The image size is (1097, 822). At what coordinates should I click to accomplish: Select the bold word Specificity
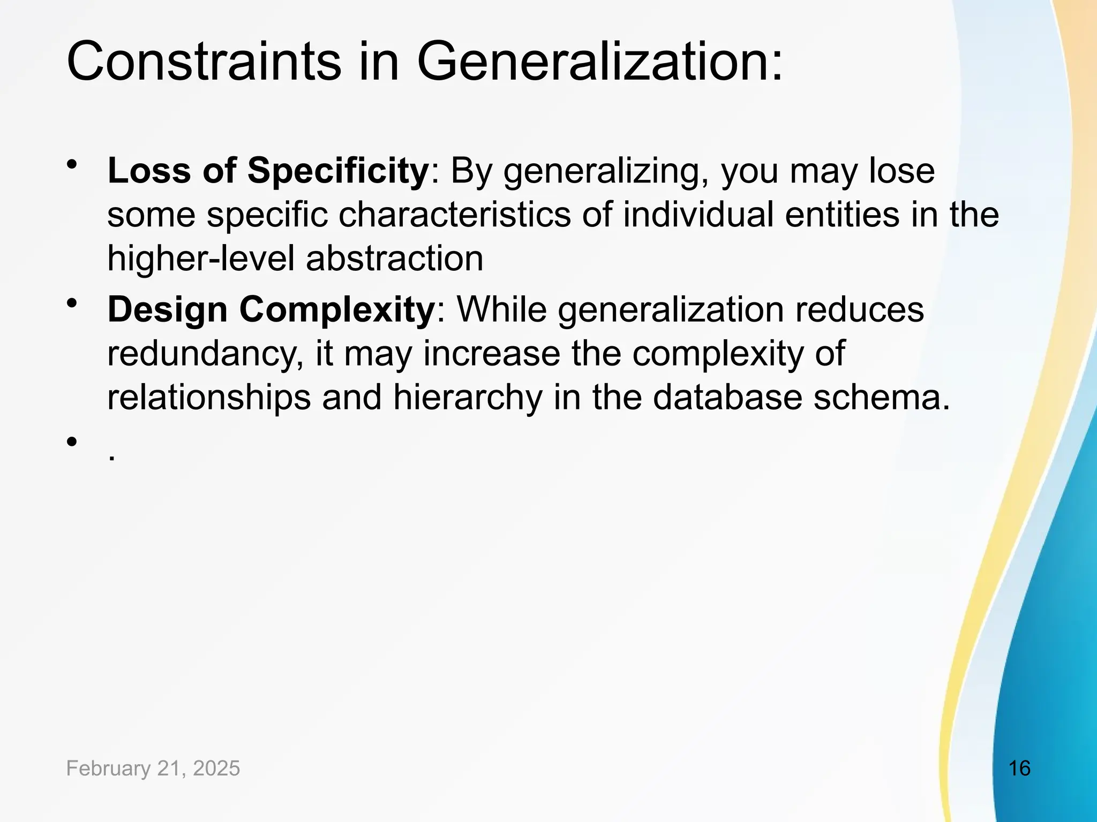point(337,171)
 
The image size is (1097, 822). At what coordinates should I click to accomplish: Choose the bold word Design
point(167,310)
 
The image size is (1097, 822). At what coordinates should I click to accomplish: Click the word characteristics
point(455,215)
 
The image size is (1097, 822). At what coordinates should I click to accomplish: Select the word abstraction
point(395,259)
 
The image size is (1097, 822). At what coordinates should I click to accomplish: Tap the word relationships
point(209,398)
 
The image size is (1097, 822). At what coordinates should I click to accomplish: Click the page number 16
point(1019,768)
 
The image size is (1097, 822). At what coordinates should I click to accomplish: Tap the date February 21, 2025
point(153,768)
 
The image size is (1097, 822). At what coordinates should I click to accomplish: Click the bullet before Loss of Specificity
point(72,165)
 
